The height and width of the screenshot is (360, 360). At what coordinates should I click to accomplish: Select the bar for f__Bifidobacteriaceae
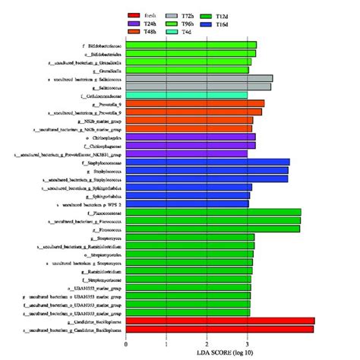coord(191,45)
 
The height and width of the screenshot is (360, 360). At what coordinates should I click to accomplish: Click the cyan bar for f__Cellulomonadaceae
coord(186,95)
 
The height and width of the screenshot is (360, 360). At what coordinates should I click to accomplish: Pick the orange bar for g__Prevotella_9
coord(194,103)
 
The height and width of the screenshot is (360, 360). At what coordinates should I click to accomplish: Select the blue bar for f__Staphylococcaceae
coord(207,162)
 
